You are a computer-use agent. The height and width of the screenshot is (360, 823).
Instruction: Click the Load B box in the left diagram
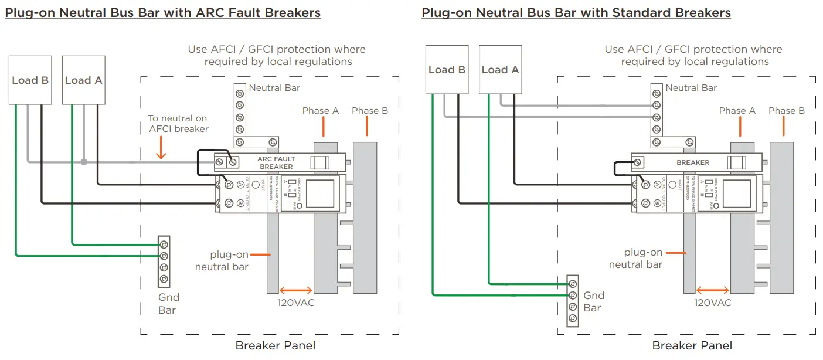click(30, 80)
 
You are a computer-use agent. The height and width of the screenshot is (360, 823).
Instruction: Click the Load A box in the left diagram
click(83, 80)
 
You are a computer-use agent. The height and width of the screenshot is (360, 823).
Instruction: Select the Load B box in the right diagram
click(447, 70)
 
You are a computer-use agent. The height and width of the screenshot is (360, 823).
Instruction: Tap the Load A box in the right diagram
click(500, 70)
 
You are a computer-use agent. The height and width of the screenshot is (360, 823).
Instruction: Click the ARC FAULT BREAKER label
click(276, 162)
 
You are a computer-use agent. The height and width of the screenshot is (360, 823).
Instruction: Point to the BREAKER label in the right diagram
click(693, 162)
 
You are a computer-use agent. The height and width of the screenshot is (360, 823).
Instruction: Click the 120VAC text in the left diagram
click(296, 303)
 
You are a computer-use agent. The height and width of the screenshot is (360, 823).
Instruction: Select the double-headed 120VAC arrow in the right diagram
click(713, 290)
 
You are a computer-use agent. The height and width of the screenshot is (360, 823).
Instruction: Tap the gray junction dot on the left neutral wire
click(84, 162)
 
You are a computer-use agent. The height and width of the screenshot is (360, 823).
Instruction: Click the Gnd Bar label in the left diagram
click(168, 304)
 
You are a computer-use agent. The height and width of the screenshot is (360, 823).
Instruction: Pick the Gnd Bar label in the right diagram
click(593, 302)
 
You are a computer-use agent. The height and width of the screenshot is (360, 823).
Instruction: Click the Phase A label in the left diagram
click(321, 111)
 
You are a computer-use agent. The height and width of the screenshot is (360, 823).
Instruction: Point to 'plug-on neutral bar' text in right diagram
click(636, 259)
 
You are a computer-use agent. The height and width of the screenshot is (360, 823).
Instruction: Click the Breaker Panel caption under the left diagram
click(276, 346)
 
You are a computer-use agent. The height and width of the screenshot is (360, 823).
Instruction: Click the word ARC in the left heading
click(172, 12)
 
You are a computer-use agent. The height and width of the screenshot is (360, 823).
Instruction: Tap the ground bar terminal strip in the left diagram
click(164, 261)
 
